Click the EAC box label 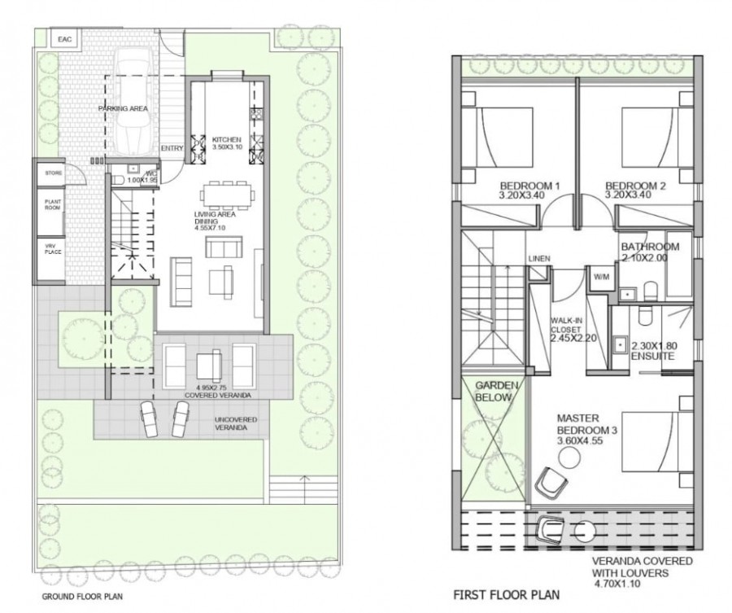pyautogui.click(x=63, y=38)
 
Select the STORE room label pyautogui.click(x=53, y=173)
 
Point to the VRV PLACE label pyautogui.click(x=53, y=250)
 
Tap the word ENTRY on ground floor pyautogui.click(x=172, y=148)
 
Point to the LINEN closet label pyautogui.click(x=539, y=259)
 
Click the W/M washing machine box pyautogui.click(x=602, y=277)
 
